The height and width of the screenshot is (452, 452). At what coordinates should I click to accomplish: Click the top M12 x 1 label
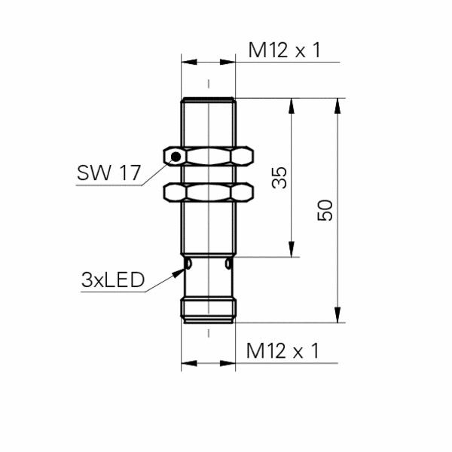click(x=285, y=50)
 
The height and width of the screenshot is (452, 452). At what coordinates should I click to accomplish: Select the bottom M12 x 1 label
click(x=283, y=350)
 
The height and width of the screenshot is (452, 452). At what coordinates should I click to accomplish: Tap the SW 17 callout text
click(x=108, y=173)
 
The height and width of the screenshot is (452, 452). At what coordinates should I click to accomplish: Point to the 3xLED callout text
click(x=112, y=280)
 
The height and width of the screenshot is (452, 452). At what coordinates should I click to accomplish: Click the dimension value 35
click(x=279, y=178)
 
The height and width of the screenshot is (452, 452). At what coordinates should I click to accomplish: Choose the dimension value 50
click(x=325, y=210)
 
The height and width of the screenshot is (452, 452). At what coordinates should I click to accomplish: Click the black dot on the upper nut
click(x=176, y=157)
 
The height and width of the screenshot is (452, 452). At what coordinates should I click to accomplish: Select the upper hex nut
click(x=208, y=157)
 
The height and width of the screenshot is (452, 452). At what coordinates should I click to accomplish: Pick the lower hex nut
click(x=208, y=192)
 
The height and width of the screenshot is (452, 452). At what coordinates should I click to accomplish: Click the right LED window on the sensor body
click(x=228, y=265)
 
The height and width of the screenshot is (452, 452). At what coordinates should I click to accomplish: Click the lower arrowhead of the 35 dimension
click(x=290, y=251)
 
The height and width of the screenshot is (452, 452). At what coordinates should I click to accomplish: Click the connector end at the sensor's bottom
click(x=208, y=309)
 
